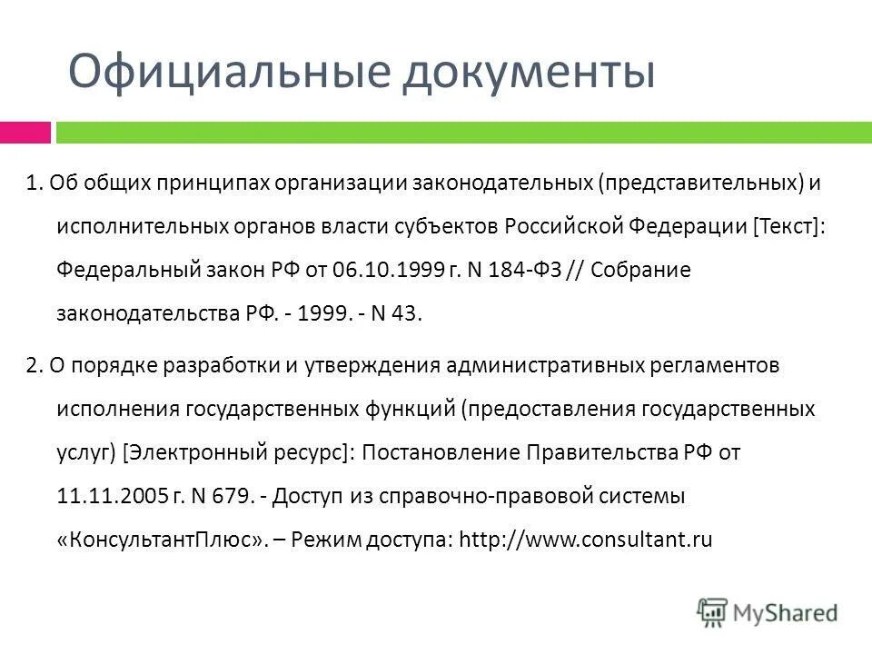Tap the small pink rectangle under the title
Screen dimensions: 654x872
[x=25, y=133]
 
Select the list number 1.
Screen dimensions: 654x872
[x=33, y=183]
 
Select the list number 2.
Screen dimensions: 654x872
[x=33, y=365]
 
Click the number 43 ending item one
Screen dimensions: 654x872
[x=407, y=314]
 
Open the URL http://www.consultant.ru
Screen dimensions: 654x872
[x=586, y=540]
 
